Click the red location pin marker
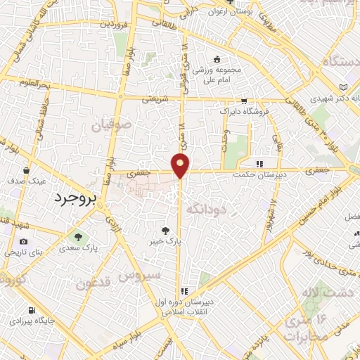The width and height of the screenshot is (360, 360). pyautogui.click(x=181, y=165)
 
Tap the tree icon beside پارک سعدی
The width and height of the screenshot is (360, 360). pyautogui.click(x=79, y=237)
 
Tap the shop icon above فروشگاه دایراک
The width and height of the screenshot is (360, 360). pyautogui.click(x=244, y=101)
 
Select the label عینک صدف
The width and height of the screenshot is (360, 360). pyautogui.click(x=27, y=181)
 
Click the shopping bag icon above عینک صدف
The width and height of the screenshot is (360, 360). pyautogui.click(x=26, y=170)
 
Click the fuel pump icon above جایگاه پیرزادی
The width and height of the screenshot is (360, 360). pyautogui.click(x=30, y=309)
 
